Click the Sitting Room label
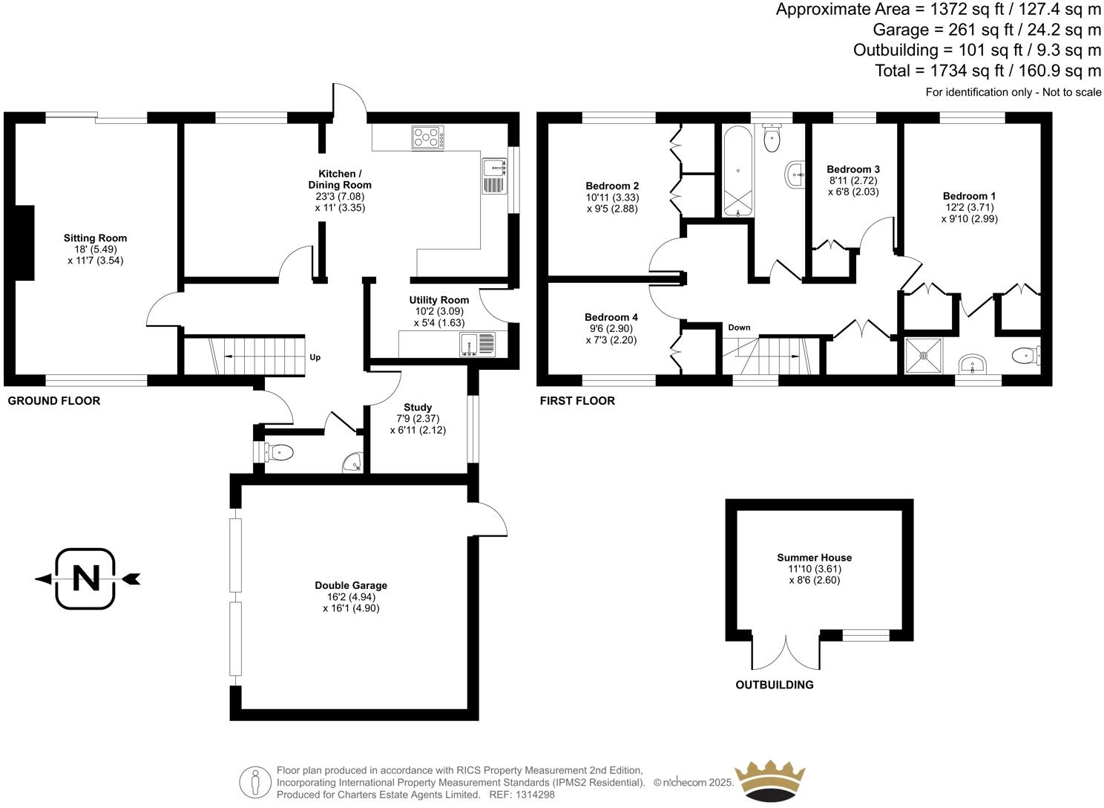coord(95,238)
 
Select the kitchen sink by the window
coord(494,176)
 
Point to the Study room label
coord(418,407)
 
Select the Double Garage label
coord(351,585)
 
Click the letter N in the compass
coord(86,578)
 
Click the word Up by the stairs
coord(315,357)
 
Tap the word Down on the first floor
coord(739,328)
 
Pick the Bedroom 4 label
coord(611,317)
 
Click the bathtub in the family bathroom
coord(737,171)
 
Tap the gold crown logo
coord(769,780)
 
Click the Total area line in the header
coord(988,71)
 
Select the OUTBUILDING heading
coord(774,685)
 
